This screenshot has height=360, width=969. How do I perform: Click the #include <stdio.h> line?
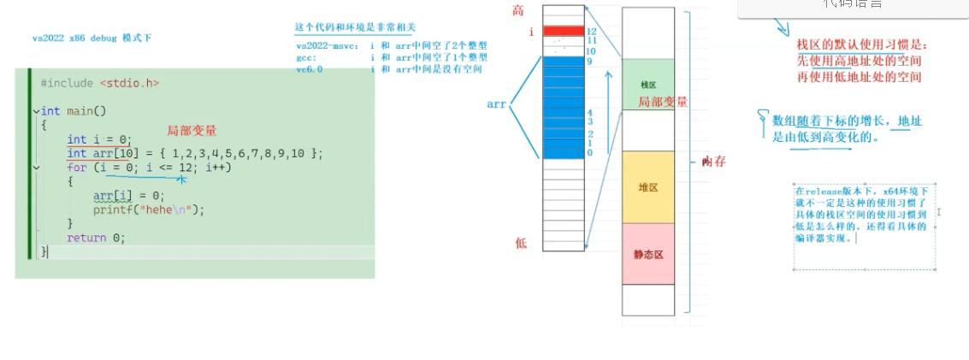click(x=99, y=83)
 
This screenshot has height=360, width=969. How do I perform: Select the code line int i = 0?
click(x=98, y=139)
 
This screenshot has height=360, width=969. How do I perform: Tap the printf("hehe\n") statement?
click(x=150, y=210)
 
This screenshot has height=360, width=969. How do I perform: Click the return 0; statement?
click(x=96, y=238)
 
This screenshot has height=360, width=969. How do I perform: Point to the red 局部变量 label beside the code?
click(x=192, y=131)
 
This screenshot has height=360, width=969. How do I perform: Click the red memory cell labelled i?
click(x=563, y=32)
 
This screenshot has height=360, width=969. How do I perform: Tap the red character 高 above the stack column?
click(x=518, y=10)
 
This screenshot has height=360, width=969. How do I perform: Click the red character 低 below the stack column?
click(x=521, y=243)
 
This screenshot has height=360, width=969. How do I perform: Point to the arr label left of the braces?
click(x=497, y=103)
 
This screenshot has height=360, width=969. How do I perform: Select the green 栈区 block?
click(x=648, y=85)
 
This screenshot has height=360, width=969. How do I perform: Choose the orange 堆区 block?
click(x=648, y=187)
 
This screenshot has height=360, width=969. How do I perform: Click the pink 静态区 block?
click(x=648, y=254)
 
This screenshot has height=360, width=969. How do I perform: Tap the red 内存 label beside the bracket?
click(x=713, y=162)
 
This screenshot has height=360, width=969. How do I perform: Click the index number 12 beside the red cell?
click(x=590, y=32)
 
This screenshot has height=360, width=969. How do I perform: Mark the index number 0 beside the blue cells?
click(x=589, y=153)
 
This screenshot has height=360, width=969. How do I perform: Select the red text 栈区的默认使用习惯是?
click(x=860, y=44)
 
